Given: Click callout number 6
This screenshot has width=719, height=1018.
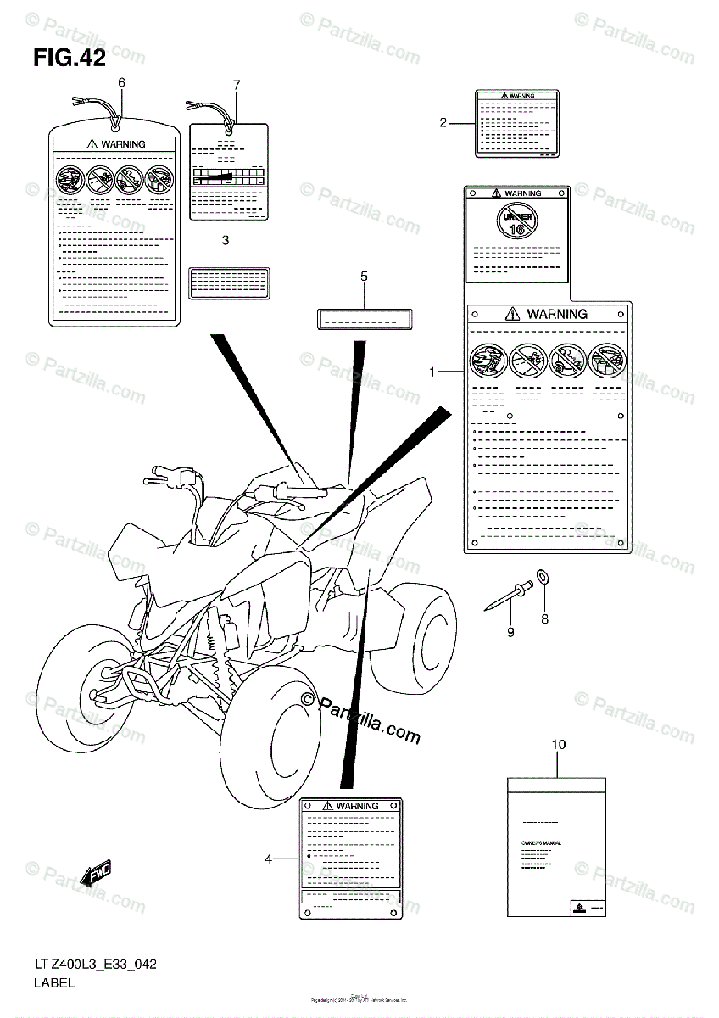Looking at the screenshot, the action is (121, 82).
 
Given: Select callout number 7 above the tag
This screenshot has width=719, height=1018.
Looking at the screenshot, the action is (237, 84).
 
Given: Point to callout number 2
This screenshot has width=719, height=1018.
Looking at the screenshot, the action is (443, 123).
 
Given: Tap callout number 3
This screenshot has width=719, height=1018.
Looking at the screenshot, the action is (226, 241).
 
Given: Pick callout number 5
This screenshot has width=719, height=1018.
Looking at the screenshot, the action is (364, 277).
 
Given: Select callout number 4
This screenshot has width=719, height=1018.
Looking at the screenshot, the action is (269, 859).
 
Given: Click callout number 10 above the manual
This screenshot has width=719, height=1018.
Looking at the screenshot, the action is (558, 745).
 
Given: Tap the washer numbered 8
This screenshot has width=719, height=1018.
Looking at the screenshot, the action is (543, 579).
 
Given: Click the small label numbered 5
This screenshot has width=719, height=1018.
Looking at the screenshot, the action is (364, 320).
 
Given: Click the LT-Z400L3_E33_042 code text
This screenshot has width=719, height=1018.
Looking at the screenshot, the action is (95, 965).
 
